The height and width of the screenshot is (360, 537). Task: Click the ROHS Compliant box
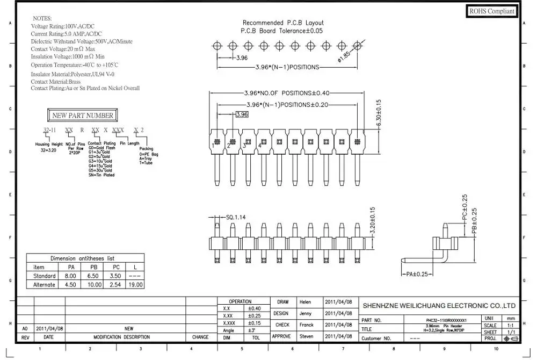492,11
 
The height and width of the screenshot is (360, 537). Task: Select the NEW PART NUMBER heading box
82,115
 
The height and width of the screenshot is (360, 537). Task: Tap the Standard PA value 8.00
70,276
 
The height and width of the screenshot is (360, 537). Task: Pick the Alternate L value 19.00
135,285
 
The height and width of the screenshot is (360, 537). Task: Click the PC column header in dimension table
115,267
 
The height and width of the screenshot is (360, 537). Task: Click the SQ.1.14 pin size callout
236,217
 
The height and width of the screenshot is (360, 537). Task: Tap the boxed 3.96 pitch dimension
242,114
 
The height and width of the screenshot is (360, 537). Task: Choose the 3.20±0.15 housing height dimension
373,220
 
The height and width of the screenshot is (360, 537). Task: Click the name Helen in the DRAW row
306,302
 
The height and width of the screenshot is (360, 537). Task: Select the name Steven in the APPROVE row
306,336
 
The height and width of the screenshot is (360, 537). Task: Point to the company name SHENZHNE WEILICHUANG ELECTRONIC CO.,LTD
439,305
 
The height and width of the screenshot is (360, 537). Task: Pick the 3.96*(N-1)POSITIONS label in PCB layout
287,67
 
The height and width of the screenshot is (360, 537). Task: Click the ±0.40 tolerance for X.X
254,308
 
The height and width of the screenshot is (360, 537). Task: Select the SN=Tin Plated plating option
101,175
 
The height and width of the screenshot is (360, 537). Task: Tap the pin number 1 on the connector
213,145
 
